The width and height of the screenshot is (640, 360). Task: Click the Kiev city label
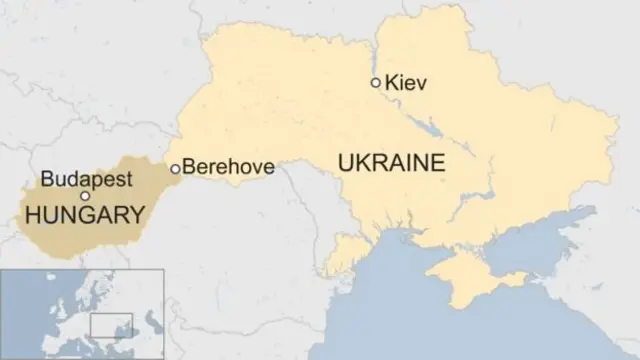point(406,84)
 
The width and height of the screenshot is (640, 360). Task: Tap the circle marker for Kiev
point(376,83)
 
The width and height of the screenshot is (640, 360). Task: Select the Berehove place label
point(229,168)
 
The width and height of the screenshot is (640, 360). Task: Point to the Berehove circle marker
point(176,168)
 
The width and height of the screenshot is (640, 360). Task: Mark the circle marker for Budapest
point(85,196)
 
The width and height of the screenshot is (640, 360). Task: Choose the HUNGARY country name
point(84,215)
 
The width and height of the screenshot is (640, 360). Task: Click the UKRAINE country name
point(391,163)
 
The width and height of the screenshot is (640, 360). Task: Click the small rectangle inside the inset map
point(111,326)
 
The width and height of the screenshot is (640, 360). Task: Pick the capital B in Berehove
point(190,168)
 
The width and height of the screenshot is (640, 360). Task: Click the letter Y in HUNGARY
point(137,215)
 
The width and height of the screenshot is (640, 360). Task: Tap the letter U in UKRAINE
point(346,163)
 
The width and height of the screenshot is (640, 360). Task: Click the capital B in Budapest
point(47,180)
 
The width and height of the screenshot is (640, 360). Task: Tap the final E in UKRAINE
point(438,163)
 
